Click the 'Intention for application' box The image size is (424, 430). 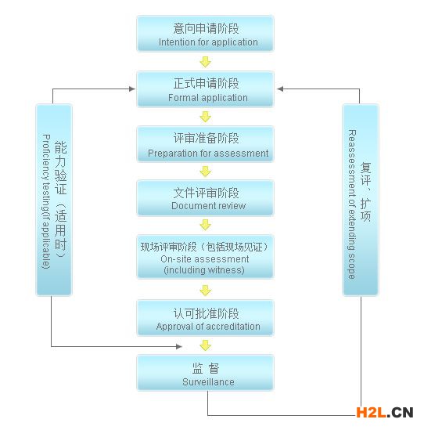[x=205, y=34]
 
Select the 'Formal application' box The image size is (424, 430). [x=205, y=89]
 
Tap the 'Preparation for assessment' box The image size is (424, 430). [x=205, y=143]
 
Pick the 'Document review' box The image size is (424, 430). [x=205, y=198]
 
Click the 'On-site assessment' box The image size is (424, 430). [x=205, y=256]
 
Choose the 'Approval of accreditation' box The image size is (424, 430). [x=205, y=318]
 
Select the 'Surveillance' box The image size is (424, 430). [x=205, y=372]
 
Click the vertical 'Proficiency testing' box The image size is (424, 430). [x=54, y=200]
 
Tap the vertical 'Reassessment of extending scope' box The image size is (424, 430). [x=361, y=200]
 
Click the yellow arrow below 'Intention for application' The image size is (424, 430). [x=206, y=62]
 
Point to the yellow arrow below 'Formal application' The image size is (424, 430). [x=206, y=117]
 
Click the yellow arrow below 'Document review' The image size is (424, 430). [x=206, y=225]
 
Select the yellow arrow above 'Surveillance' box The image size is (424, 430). [x=206, y=345]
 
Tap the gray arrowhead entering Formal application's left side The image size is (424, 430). [x=132, y=89]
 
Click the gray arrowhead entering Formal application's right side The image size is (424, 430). [x=280, y=89]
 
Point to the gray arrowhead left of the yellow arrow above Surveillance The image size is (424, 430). [x=179, y=347]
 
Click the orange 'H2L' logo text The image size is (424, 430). [x=372, y=413]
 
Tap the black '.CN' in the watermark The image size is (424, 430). [x=401, y=413]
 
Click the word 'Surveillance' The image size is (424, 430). [x=208, y=382]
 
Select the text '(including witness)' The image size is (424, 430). [x=204, y=270]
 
